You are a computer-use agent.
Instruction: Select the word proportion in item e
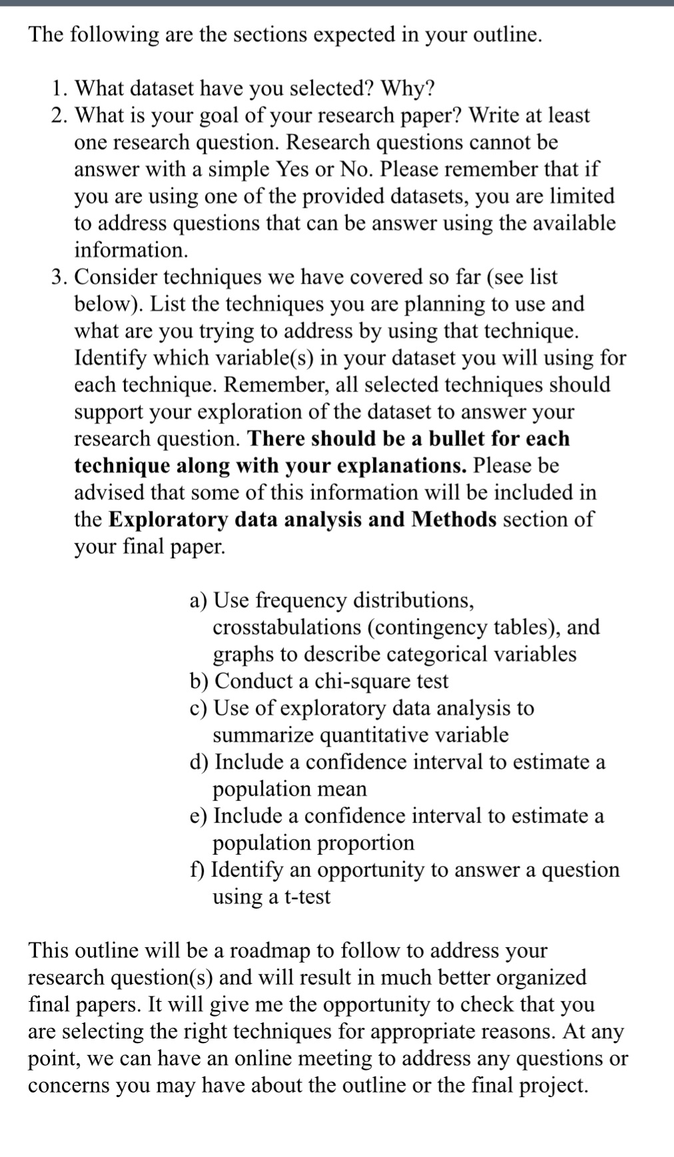[365, 843]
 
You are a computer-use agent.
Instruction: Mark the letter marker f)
[197, 870]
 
